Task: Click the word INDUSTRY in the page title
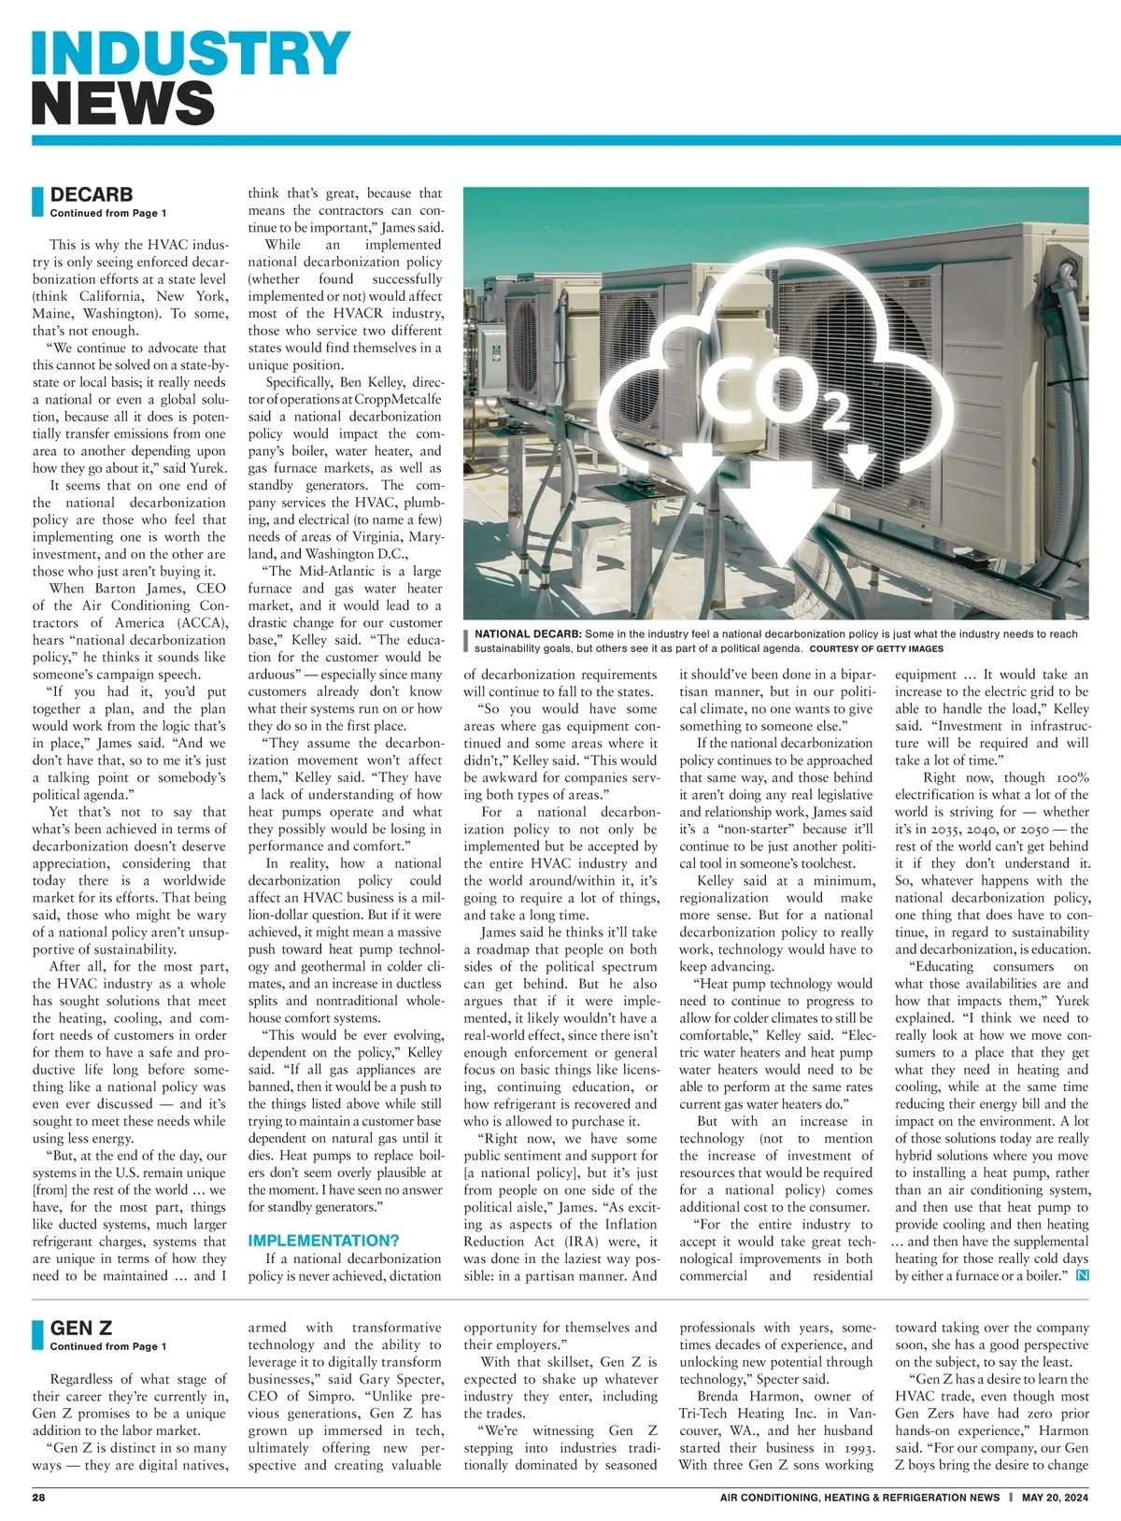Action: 192,53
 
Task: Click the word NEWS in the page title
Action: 123,103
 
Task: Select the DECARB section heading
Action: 92,194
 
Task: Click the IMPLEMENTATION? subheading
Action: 323,1241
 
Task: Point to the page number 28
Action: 39,1497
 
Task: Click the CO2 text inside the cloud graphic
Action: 771,393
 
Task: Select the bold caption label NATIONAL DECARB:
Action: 528,634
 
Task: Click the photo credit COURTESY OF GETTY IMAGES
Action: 876,648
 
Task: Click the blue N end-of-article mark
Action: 1083,1275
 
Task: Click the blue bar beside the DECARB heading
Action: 38,202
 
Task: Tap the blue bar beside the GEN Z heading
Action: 38,1335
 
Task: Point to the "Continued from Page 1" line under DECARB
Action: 108,213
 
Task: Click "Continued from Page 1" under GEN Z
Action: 108,1346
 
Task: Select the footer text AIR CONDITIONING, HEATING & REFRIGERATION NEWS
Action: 859,1497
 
